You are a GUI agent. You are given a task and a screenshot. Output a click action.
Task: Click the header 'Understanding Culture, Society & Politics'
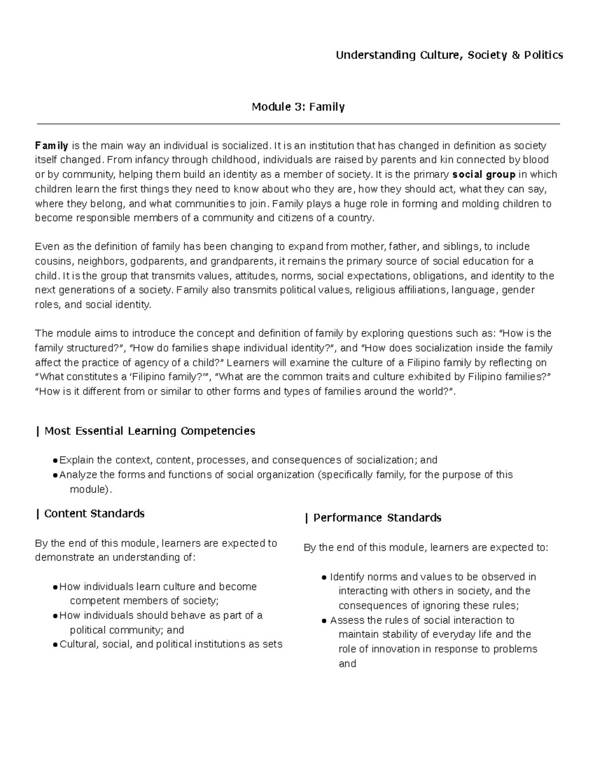click(x=449, y=55)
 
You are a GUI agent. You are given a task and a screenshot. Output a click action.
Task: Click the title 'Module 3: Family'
click(x=298, y=107)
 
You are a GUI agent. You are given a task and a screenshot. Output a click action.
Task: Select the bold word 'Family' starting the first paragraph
click(x=52, y=146)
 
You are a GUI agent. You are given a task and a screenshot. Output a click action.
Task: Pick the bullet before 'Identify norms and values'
click(x=324, y=578)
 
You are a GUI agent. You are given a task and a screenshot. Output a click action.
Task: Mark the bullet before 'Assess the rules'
click(x=324, y=621)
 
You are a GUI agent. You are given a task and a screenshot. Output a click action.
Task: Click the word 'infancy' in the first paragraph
click(x=141, y=160)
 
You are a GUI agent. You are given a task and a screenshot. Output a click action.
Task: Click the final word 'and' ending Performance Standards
click(x=347, y=664)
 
